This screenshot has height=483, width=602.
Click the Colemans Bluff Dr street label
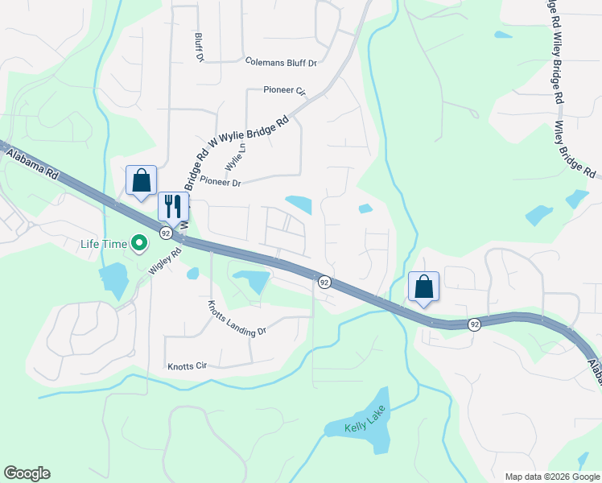coord(282,61)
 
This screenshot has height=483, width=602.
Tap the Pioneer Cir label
coord(285,91)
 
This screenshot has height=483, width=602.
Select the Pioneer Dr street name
coord(220,183)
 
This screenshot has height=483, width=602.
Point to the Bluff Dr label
coord(198,47)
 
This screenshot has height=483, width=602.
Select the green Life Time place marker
coord(139,242)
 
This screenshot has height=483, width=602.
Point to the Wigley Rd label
coord(164,262)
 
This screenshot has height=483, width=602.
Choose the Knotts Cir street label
coord(187,366)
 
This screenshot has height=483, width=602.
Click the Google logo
coord(27,473)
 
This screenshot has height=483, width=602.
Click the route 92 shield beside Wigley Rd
coord(165,233)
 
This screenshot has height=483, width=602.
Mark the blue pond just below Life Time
coord(113,278)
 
